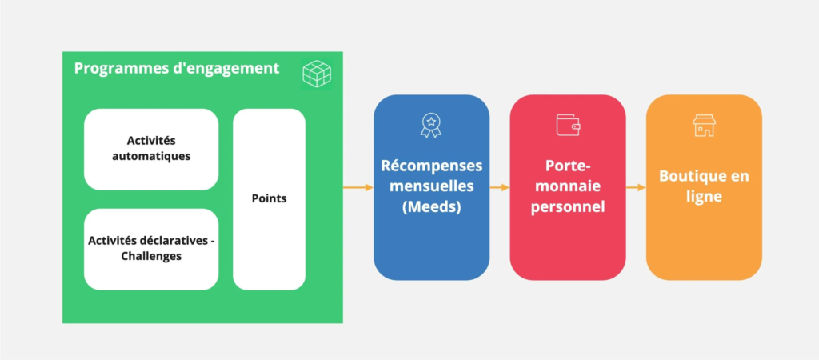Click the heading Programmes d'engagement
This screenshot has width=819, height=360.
click(177, 69)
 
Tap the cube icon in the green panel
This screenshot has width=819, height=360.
click(317, 74)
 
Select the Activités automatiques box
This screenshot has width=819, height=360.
click(151, 150)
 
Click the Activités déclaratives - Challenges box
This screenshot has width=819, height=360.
click(151, 250)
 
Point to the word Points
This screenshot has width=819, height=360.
click(269, 199)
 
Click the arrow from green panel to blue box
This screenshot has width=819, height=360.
click(358, 187)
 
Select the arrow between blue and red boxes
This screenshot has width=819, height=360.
click(500, 187)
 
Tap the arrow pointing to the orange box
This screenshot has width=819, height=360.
click(636, 187)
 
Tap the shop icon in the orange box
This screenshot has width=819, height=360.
click(704, 126)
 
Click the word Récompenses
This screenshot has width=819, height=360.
click(431, 166)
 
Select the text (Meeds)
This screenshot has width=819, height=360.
click(431, 207)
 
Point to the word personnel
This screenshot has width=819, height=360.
click(568, 207)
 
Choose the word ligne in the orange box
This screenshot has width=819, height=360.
click(704, 197)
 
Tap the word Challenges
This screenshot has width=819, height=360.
click(151, 257)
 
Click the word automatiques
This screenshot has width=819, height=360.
click(151, 156)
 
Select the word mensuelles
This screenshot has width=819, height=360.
click(431, 186)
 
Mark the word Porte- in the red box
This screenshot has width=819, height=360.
click(568, 166)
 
